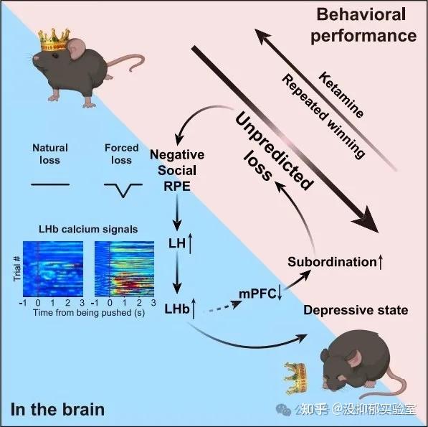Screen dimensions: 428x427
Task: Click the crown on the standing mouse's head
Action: pos(54,40)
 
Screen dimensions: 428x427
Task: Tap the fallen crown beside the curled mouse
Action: pos(295,378)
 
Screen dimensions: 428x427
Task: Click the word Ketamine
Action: pos(341,95)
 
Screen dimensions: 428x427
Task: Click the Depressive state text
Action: pos(356,310)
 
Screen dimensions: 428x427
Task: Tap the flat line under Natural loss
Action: pos(50,184)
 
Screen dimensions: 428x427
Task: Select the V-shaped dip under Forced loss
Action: pos(123,190)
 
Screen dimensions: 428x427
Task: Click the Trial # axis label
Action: pos(17,268)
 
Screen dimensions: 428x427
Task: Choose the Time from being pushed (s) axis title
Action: pos(89,312)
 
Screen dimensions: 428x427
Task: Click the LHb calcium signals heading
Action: pos(88,229)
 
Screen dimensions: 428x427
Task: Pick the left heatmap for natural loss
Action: pos(53,269)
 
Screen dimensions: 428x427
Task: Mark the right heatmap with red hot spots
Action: pos(125,269)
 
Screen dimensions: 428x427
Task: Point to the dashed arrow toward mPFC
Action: pos(222,306)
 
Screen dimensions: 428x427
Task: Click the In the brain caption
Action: pos(57,410)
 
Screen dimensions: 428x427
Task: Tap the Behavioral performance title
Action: pos(363,25)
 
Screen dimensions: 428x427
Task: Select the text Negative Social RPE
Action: pos(177,171)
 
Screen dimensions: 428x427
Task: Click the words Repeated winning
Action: pos(323,116)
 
